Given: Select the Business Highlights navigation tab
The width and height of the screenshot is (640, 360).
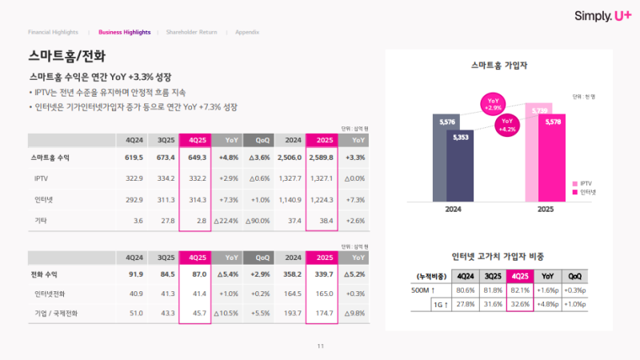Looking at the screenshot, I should [124, 32].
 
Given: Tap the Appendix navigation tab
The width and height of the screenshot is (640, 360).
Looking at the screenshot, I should [247, 32].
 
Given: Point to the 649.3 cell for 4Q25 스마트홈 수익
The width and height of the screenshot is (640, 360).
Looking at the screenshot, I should [195, 158].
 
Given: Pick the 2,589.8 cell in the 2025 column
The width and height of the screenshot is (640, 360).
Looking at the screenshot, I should [320, 158].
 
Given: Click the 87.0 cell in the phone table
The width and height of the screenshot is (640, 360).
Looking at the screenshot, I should [195, 275].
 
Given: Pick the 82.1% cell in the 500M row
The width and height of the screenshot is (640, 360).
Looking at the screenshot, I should [519, 290].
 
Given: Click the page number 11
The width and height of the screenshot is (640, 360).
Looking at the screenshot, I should [320, 346].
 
